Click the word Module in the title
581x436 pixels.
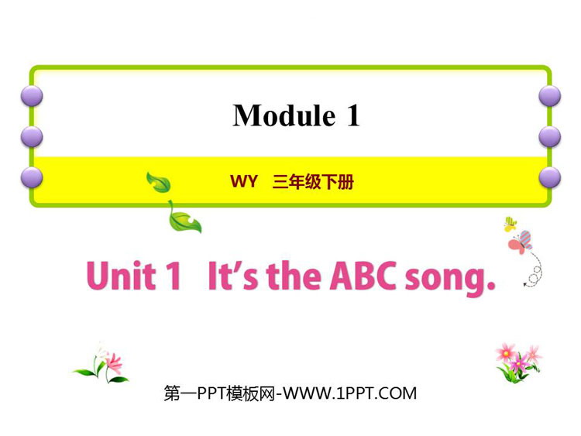pos(284,115)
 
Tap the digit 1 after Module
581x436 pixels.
pos(353,115)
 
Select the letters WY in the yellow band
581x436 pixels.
pos(243,181)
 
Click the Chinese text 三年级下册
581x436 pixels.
pos(313,182)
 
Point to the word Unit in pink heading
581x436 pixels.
pos(121,275)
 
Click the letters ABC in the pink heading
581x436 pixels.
pos(363,275)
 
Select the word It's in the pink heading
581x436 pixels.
pos(232,275)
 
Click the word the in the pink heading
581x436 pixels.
pos(294,275)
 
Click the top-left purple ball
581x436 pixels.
pos(32,96)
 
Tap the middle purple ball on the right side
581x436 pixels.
pos(549,137)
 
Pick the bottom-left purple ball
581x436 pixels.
pos(32,177)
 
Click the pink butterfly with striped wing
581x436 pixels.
pos(521,242)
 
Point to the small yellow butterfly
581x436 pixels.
pos(511,224)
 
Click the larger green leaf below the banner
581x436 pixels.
pos(184,218)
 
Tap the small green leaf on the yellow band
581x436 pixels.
pos(159,182)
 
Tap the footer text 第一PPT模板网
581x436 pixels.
pos(219,393)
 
